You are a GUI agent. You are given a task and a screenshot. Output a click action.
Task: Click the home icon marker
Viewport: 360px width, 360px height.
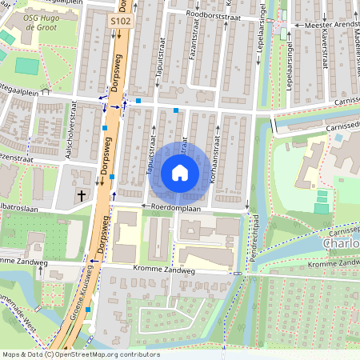click(x=180, y=172)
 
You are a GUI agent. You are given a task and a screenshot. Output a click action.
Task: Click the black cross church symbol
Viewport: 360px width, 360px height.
click(x=81, y=194)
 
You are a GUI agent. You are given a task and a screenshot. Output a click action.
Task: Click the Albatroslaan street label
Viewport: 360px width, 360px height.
click(x=18, y=206)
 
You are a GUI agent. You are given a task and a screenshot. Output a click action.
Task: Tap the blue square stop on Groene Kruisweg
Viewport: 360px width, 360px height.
click(x=88, y=309)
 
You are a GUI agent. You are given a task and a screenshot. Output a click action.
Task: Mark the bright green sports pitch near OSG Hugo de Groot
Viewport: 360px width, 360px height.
click(x=26, y=66)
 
